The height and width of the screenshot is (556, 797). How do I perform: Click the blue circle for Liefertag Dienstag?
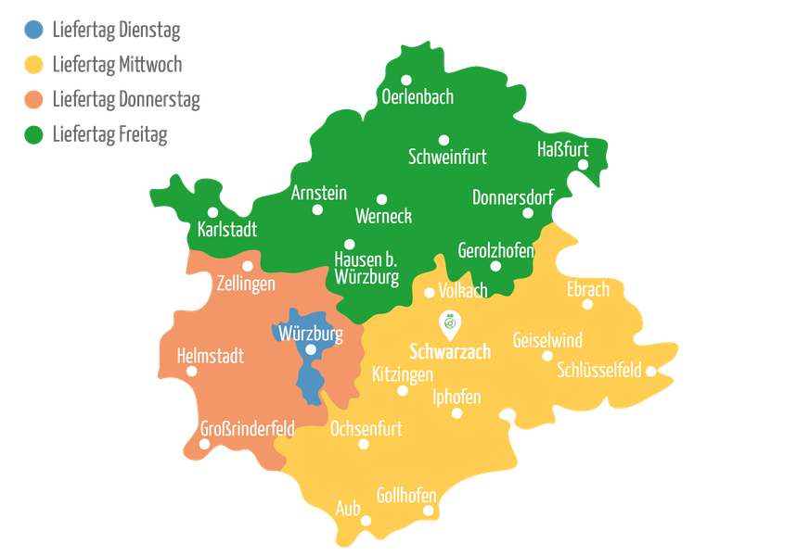click(33, 31)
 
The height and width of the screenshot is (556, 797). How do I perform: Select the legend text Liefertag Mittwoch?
click(117, 65)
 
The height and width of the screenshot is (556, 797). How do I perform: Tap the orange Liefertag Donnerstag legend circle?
click(33, 99)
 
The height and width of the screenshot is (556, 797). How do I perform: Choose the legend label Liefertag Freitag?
click(109, 134)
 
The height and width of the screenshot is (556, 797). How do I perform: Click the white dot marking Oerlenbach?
click(406, 80)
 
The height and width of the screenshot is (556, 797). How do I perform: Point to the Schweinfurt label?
click(447, 157)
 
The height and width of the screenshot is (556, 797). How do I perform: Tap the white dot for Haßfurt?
click(584, 165)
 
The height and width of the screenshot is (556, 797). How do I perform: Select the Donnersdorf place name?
click(512, 197)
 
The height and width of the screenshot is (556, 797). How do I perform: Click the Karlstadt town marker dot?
click(212, 212)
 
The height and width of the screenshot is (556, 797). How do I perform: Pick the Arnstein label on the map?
click(318, 193)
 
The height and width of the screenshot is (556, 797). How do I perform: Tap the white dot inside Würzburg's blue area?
click(311, 349)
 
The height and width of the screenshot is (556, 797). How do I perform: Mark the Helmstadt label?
click(210, 356)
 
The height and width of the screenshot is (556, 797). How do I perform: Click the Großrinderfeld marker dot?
click(203, 444)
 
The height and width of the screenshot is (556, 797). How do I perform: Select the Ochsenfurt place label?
click(366, 428)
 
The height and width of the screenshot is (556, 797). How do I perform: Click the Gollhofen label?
click(406, 495)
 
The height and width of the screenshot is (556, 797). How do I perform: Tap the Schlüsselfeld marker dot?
click(651, 371)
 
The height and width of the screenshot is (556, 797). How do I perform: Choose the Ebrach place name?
click(588, 289)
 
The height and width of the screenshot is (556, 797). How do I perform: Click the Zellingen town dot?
click(248, 266)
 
